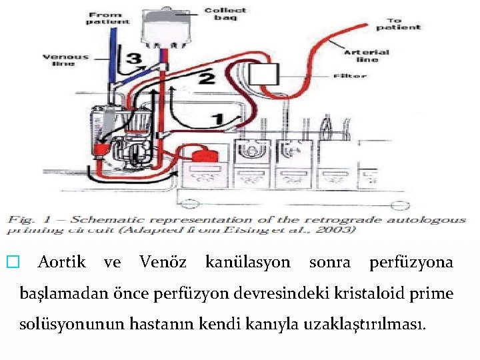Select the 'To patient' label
point(398,23)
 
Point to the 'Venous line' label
point(65,60)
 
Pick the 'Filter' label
point(349,76)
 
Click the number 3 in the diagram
point(135,59)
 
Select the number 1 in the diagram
point(217,119)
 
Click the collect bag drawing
point(163,27)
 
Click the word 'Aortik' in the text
point(62,263)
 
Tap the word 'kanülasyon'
point(248,263)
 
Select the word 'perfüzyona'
point(411,263)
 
